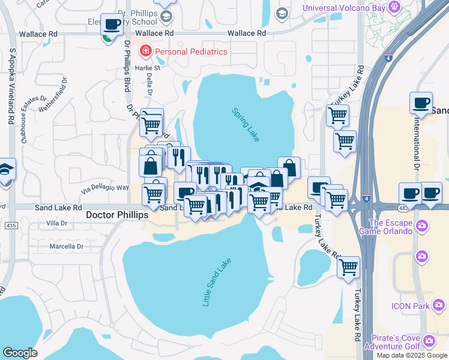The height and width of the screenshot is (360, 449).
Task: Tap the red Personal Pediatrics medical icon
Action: [x=145, y=52]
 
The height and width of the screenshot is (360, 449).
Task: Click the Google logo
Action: [x=20, y=352]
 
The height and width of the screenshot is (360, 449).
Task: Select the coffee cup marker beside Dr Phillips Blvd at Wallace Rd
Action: [x=112, y=25]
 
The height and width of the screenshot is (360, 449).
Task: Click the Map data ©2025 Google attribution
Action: [x=412, y=355]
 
